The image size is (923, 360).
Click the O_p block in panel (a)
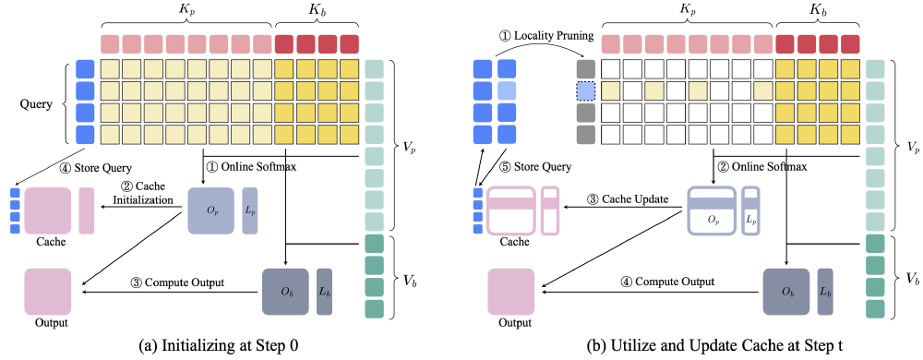211,210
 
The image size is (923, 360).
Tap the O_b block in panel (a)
284,291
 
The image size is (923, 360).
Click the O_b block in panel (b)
785,291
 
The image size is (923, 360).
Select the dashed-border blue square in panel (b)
583,90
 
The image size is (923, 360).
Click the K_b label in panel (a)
317,13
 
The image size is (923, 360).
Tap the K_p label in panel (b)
686,13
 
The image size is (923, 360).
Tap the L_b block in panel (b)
826,291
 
